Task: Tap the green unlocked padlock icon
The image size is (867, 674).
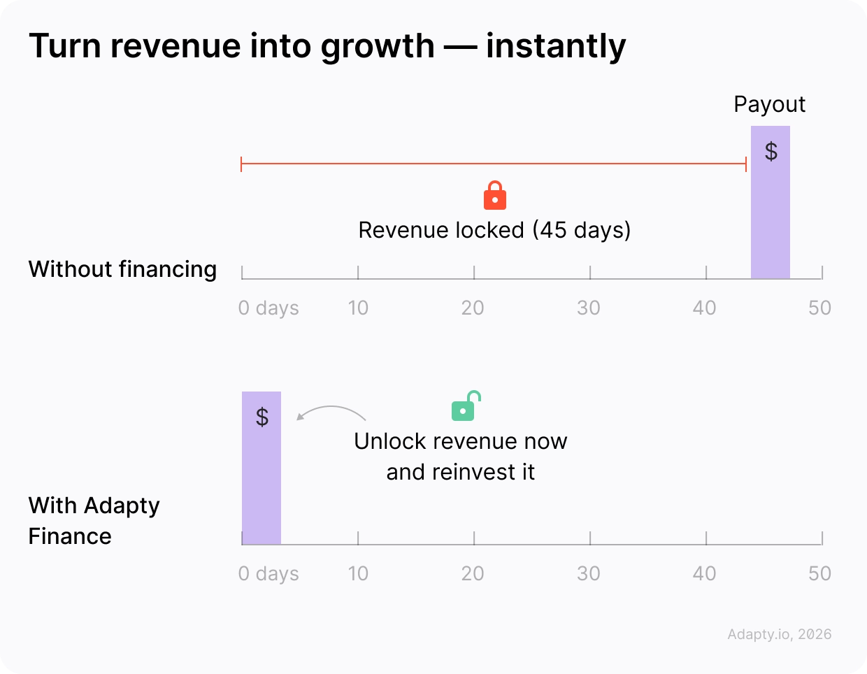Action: coord(465,407)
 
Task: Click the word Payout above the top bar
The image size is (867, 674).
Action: coord(769,105)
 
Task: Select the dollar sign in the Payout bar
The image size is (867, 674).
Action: coord(771,151)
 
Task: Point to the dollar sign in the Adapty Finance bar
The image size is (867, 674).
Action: coord(262,417)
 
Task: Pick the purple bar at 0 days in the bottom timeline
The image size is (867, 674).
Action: coord(261,482)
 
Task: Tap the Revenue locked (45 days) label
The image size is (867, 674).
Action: coord(494,230)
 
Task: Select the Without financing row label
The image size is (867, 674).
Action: coord(122,269)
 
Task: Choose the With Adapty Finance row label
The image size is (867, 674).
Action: coord(94,520)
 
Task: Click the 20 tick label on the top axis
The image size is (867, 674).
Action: coord(473,308)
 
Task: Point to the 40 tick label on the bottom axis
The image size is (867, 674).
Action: coord(704,573)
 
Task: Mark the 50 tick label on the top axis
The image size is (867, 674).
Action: coord(819,308)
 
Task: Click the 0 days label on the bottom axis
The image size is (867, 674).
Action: coord(268,573)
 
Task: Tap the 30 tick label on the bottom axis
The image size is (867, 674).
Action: coord(589,573)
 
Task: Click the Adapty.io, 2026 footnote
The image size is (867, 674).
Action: coord(779,634)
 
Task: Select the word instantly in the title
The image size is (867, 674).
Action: coord(556,47)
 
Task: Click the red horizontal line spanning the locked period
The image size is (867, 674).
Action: coord(494,164)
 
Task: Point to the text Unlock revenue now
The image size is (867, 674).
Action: coord(460,441)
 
